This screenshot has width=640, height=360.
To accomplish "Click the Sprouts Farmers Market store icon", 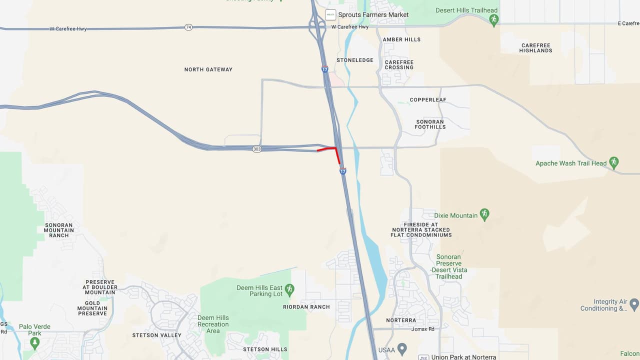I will [330, 15].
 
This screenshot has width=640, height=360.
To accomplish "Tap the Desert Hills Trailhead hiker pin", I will [494, 20].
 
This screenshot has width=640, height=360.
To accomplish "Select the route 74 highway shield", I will [188, 27].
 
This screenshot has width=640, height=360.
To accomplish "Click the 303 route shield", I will [256, 149].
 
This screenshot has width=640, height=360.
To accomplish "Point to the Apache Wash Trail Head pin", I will [614, 162].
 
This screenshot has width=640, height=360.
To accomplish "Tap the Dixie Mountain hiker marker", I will [484, 214].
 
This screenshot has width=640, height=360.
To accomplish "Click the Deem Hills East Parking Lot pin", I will [289, 289].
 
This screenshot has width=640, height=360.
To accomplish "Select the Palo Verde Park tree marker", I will [34, 342].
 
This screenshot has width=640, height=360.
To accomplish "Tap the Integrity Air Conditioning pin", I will [634, 303].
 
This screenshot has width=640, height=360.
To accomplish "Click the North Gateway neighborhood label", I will [208, 69].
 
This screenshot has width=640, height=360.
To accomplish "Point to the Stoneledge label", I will [355, 60].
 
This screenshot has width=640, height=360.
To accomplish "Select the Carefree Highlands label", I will [535, 48].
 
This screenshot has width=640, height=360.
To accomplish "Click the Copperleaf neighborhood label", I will [428, 100].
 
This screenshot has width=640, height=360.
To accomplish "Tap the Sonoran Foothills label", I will [430, 124].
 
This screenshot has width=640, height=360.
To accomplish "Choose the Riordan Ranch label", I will [306, 307].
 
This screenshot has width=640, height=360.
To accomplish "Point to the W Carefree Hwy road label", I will [68, 29].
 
